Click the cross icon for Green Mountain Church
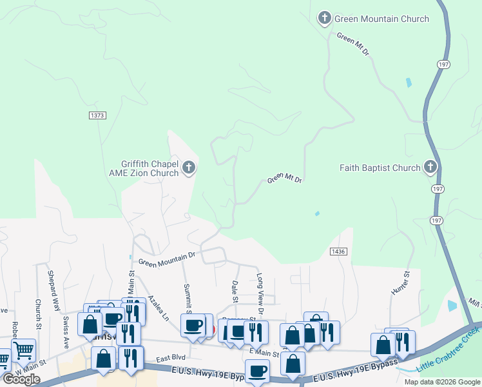(325, 19)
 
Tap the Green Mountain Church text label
(381, 19)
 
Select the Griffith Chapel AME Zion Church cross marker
(189, 168)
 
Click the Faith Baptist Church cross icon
(430, 168)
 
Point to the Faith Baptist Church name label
(380, 168)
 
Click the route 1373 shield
(97, 115)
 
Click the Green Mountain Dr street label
(166, 263)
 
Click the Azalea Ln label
(158, 308)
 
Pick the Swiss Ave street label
(66, 332)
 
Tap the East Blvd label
(171, 357)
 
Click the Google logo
(21, 379)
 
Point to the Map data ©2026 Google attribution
(442, 382)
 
